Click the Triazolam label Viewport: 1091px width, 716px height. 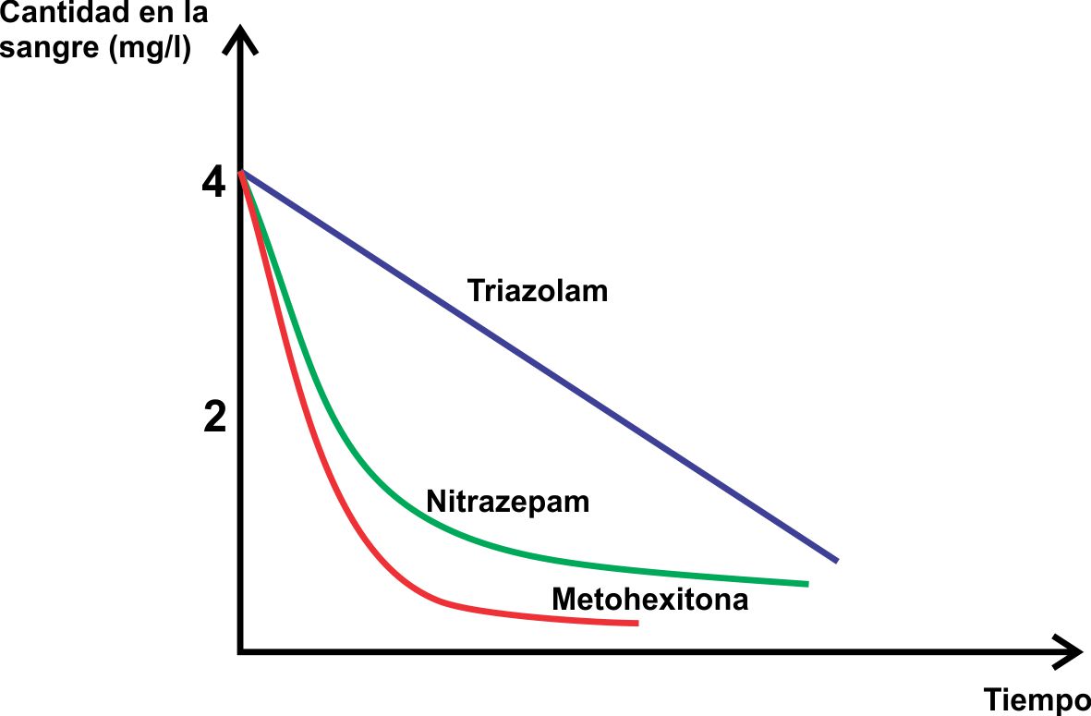(x=538, y=290)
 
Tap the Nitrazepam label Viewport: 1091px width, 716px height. (x=507, y=502)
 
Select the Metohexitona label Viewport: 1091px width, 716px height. (x=649, y=600)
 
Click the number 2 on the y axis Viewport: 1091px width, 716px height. (x=214, y=419)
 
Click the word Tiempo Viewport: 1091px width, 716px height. (x=1036, y=699)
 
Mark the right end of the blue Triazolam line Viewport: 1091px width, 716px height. (x=836, y=560)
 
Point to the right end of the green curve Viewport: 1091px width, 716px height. (x=807, y=584)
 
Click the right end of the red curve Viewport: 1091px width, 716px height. (x=636, y=625)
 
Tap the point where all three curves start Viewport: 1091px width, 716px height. (x=241, y=172)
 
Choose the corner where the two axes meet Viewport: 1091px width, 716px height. (x=240, y=651)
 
